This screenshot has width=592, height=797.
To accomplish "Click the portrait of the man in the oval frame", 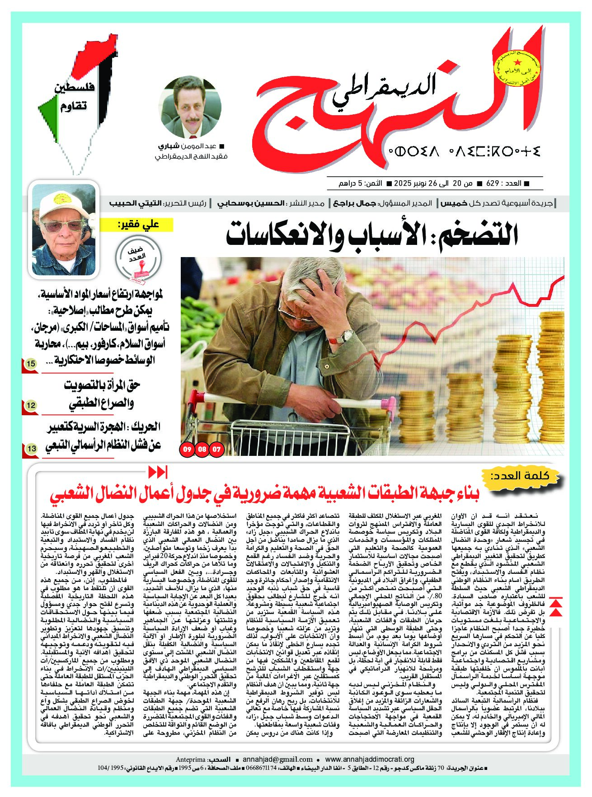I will coord(191,107).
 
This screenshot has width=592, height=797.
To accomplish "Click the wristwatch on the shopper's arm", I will coord(347,335).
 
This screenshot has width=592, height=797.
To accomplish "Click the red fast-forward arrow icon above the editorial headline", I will coord(158,472).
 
